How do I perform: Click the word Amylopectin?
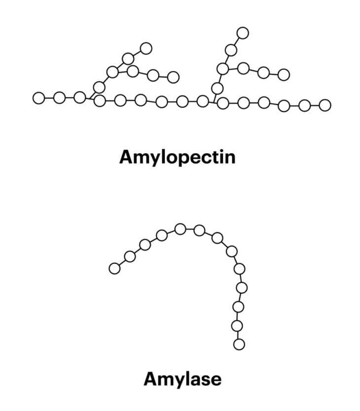pos(177,158)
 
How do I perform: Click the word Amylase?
pos(182,379)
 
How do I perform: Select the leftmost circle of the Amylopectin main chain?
pos(38,98)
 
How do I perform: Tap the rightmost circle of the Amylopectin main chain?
pos(324,105)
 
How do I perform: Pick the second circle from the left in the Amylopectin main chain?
pos(59,98)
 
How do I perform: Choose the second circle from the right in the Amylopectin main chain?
pos(304,105)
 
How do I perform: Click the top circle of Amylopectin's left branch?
pos(146,48)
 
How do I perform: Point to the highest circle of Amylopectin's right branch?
pos(243,33)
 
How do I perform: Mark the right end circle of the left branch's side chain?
pos(173,77)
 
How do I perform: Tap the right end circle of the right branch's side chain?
pos(284,75)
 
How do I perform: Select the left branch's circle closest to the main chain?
pos(99,87)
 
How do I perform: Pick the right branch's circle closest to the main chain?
pos(217,88)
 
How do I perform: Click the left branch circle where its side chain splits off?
pos(112,72)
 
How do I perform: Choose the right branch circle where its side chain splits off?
pos(223,69)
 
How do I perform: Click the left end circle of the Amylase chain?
pos(114,268)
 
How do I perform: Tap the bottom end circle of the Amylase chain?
pos(239,344)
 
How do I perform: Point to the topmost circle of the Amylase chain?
pos(180,229)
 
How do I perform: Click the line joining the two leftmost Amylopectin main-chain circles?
pos(49,98)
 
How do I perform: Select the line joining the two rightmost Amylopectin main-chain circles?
pos(315,105)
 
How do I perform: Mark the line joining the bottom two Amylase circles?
pos(238,335)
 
